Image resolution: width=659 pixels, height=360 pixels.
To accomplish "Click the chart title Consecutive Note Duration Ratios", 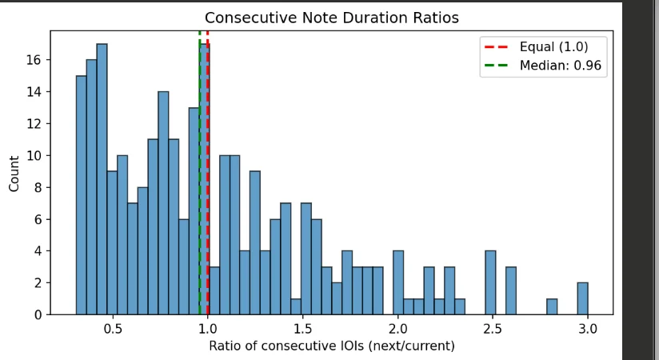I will pos(332,18).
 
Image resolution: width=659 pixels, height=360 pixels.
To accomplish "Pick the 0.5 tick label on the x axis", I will pos(113,327).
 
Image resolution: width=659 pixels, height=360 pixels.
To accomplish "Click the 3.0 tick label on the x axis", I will pos(587,327).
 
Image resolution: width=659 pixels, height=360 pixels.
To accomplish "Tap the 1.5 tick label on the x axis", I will pos(302,327).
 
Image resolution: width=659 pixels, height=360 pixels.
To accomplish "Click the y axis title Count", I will pos(14,173).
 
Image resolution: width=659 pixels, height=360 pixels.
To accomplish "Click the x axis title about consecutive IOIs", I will pos(331,346).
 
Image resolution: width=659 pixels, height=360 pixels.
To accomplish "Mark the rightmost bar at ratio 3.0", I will pos(582,298).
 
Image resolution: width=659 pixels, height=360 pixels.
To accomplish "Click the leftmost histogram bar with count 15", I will pos(81,195).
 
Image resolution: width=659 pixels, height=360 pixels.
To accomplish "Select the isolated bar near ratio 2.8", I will pos(552,306).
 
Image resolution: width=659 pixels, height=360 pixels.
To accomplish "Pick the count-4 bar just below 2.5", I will pos(490,282).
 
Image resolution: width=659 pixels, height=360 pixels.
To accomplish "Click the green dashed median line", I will pos(199,200).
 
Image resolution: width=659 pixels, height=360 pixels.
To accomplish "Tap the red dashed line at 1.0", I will pos(208,200).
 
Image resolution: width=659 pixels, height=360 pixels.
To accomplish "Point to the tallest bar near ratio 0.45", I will pos(102,179).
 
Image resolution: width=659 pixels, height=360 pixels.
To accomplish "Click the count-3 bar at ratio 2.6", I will pos(510,290).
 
